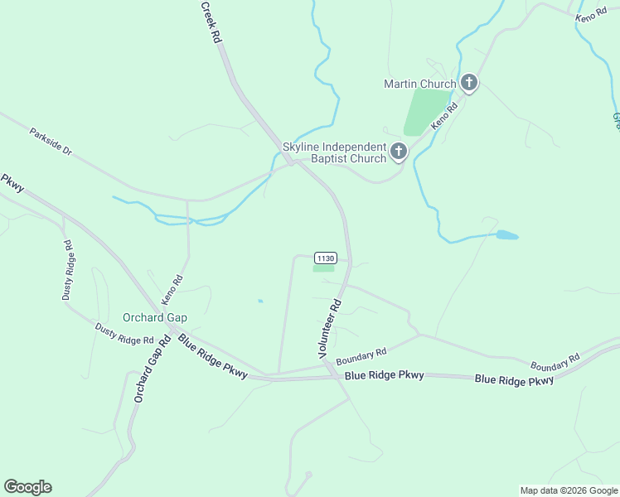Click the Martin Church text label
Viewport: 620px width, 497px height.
point(419,84)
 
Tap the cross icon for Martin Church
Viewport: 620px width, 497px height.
point(469,82)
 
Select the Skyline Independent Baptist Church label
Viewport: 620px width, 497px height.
point(335,152)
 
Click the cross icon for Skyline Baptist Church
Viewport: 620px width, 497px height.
point(399,152)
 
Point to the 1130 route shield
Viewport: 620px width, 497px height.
point(325,258)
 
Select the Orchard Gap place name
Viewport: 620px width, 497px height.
point(155,317)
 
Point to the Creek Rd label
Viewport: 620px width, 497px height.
point(211,22)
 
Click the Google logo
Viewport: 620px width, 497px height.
point(27,487)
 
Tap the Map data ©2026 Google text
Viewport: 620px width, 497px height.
point(568,490)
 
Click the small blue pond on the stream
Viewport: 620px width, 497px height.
point(506,235)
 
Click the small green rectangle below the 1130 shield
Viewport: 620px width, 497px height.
point(323,268)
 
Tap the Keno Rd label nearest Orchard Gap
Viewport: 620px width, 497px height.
point(172,288)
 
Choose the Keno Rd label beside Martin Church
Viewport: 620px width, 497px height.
point(445,117)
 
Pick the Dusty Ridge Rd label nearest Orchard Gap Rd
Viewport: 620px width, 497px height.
point(124,334)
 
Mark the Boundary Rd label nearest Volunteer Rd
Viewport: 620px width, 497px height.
point(361,355)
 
